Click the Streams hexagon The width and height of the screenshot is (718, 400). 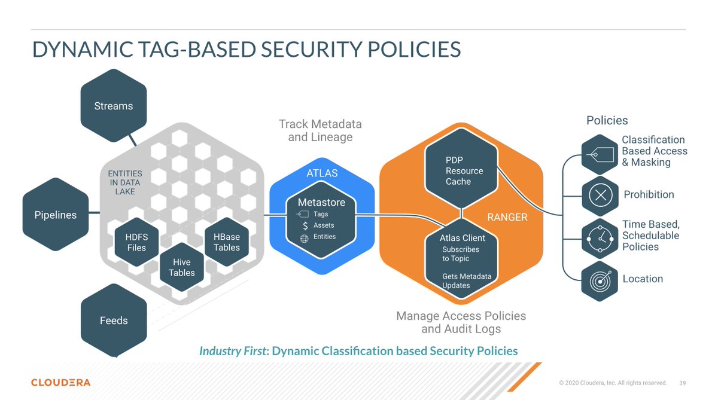(x=113, y=106)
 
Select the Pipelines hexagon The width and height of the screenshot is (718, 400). (x=56, y=215)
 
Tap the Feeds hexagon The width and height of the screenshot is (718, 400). (x=114, y=320)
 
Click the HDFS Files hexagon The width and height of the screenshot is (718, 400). (x=136, y=242)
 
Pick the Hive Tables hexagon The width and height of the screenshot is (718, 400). (x=182, y=267)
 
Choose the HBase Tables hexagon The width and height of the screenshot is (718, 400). (x=227, y=242)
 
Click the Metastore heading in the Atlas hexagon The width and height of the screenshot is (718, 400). (x=321, y=202)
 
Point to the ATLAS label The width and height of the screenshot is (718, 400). (x=322, y=173)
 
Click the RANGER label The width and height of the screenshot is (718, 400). (x=507, y=217)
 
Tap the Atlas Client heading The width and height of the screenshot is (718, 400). (x=463, y=238)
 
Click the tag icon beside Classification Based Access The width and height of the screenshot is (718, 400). (x=600, y=155)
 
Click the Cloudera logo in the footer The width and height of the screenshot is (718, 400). (x=61, y=382)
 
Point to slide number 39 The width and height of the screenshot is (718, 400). (x=683, y=383)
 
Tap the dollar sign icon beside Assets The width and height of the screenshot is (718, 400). (x=306, y=225)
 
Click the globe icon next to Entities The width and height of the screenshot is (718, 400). (x=304, y=237)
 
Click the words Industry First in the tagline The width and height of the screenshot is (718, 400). (x=233, y=350)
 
